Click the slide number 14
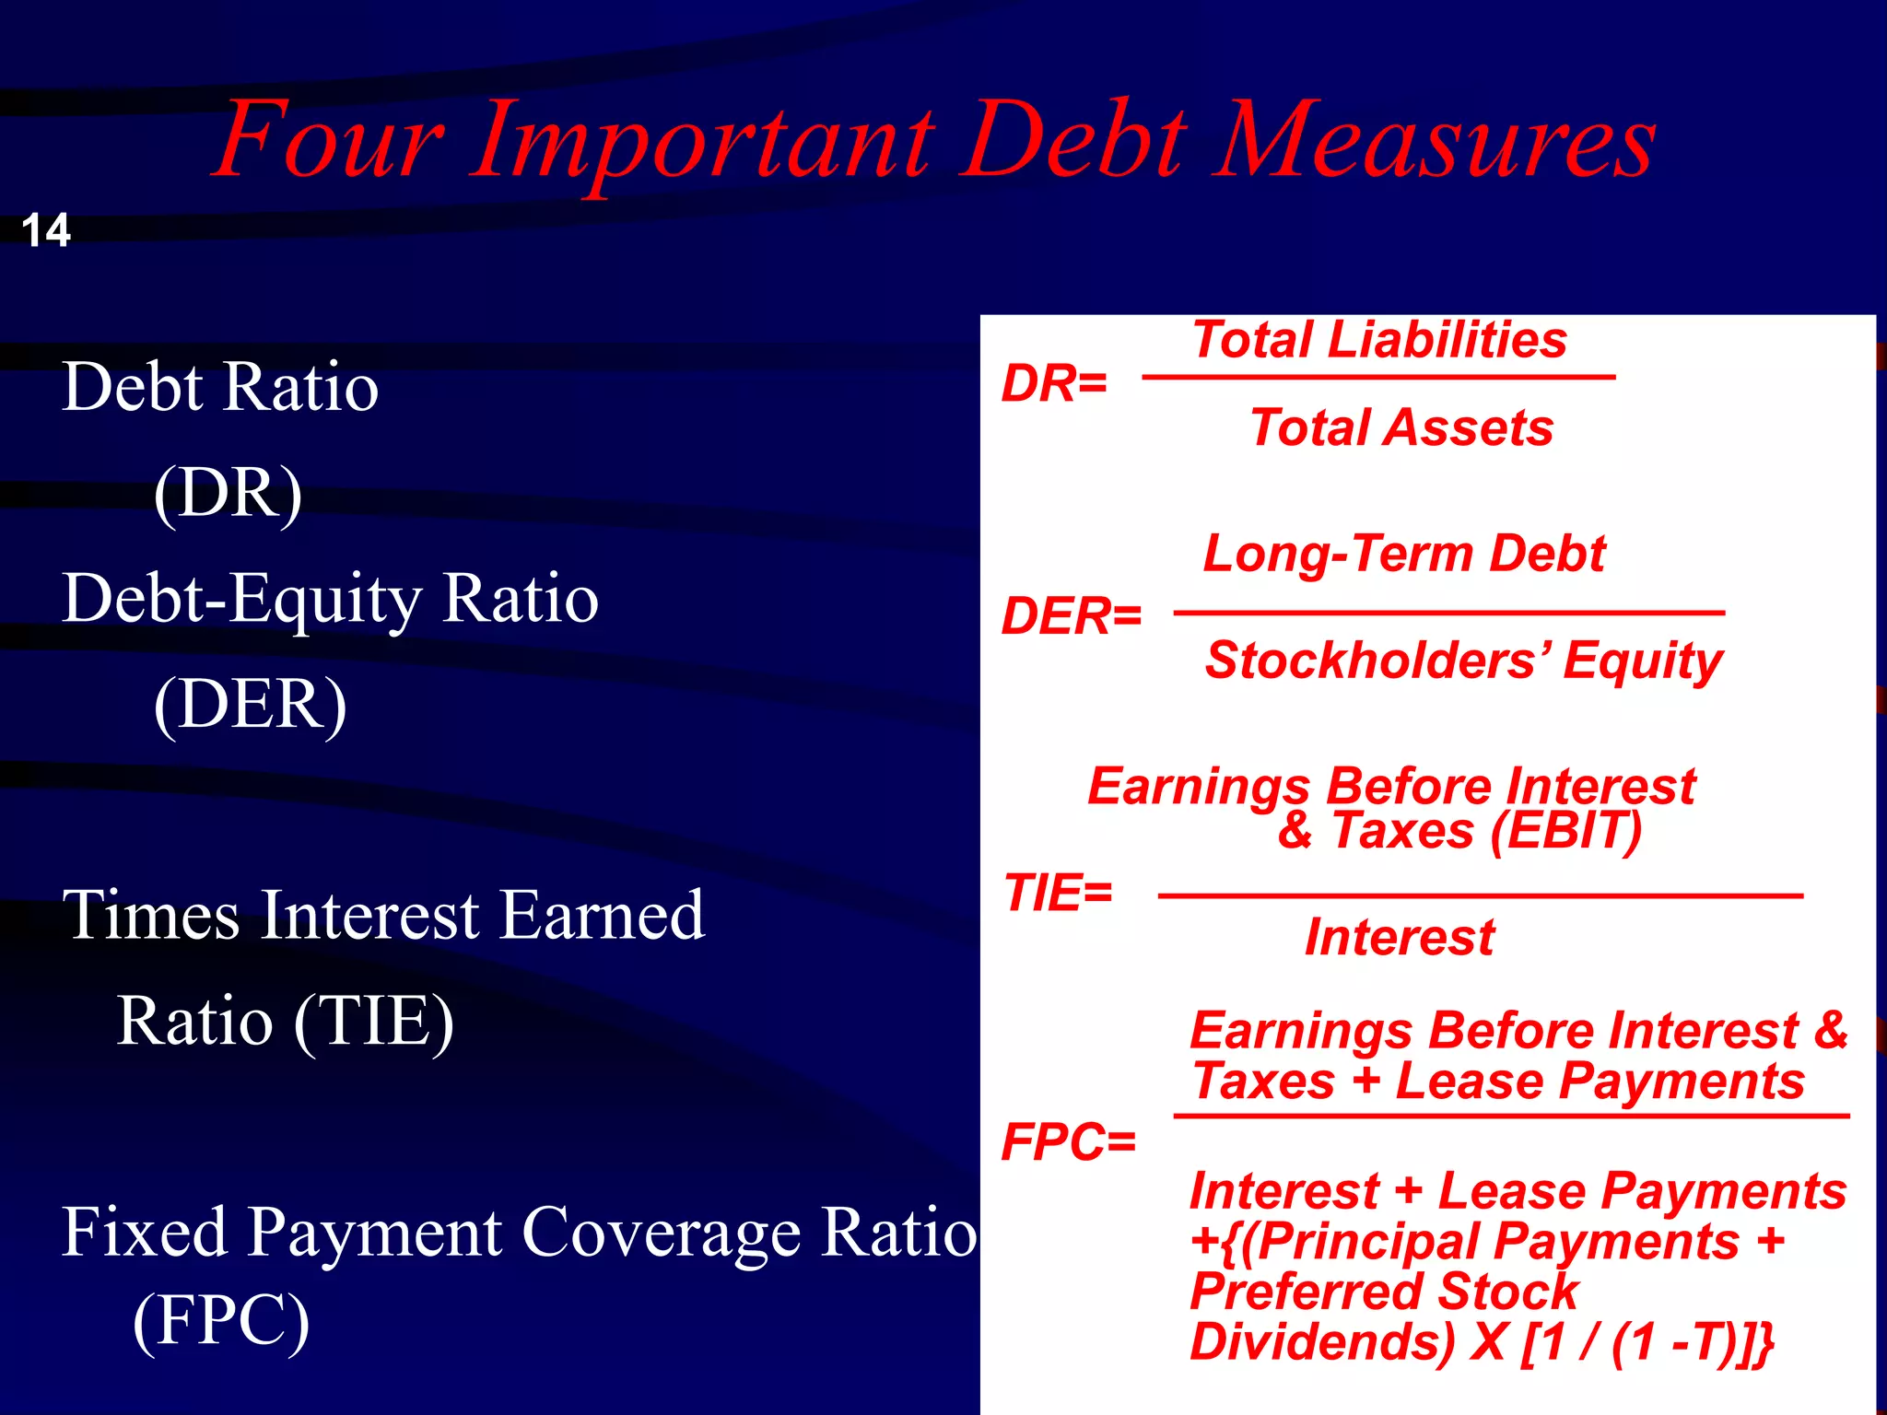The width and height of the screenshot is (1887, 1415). pos(46,230)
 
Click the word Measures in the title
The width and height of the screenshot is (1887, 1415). pos(1435,141)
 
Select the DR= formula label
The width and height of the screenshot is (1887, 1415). pos(1054,383)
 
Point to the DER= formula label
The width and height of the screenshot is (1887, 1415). pos(1072,616)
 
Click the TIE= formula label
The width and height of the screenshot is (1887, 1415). pos(1058,894)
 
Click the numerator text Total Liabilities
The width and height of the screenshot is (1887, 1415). pos(1379,340)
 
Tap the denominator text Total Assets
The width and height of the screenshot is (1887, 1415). pos(1401,428)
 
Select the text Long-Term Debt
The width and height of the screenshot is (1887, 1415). pos(1404,554)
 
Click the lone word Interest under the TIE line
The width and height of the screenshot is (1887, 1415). pos(1400,938)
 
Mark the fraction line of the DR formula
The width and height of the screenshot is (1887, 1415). pos(1378,377)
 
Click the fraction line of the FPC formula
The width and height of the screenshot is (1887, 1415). pos(1511,1116)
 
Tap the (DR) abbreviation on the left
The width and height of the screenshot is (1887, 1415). pos(228,493)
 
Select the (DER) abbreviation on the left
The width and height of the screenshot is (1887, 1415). pos(250,705)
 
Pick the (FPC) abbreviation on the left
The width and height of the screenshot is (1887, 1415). pos(221,1320)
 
